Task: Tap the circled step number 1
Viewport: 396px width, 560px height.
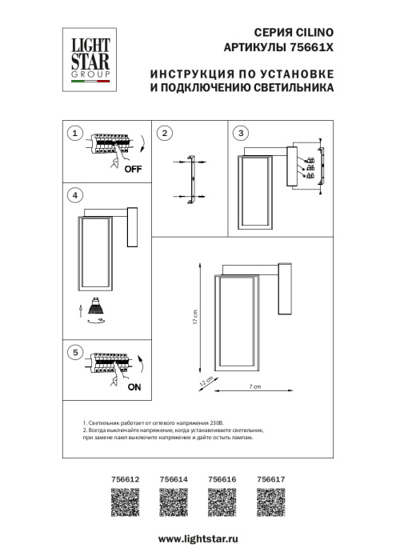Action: coord(74,133)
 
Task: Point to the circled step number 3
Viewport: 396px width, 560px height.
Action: coord(242,133)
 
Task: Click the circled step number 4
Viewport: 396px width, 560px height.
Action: coord(74,194)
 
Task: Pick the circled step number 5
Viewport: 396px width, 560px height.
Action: coord(74,351)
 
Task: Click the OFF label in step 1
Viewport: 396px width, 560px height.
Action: coord(133,169)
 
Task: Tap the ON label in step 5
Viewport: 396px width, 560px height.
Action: coord(134,386)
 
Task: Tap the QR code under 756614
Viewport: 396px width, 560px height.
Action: coord(174,504)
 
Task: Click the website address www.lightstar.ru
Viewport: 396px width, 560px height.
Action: coord(197,542)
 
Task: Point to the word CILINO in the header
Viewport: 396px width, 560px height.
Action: coord(313,34)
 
